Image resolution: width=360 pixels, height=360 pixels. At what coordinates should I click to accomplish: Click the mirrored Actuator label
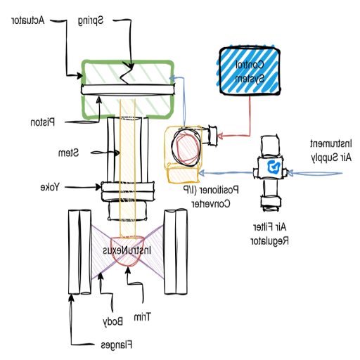click(x=27, y=20)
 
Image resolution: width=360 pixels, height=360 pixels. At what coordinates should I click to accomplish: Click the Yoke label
click(x=49, y=187)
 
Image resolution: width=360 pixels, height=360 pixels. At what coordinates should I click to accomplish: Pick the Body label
click(x=113, y=321)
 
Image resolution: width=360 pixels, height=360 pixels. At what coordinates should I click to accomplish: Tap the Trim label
click(x=143, y=316)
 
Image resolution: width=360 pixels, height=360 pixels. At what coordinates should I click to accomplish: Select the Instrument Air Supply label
click(x=330, y=150)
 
